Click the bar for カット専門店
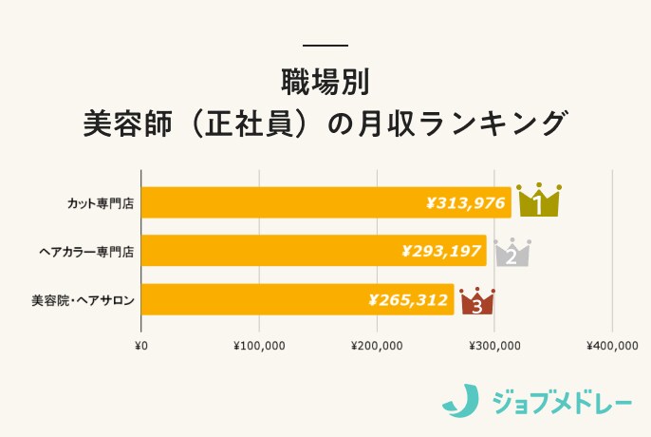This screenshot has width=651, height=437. [x=285, y=202]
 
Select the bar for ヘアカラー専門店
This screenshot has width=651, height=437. [x=275, y=251]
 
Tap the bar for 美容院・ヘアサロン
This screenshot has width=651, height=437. [x=256, y=300]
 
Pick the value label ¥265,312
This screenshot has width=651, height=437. [x=408, y=300]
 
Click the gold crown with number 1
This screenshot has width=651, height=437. [x=538, y=200]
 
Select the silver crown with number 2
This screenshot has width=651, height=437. [x=512, y=252]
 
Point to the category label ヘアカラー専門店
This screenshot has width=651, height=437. [x=86, y=252]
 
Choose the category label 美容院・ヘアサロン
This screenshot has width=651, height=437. [x=82, y=301]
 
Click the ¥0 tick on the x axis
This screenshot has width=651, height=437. [x=141, y=345]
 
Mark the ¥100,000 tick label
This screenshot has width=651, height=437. [x=259, y=345]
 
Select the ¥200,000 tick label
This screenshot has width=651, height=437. [x=377, y=345]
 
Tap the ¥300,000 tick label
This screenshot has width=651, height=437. [x=494, y=345]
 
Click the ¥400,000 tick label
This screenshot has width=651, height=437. [x=612, y=345]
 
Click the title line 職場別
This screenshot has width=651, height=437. [x=325, y=81]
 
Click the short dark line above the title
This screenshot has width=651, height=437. [x=325, y=46]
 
